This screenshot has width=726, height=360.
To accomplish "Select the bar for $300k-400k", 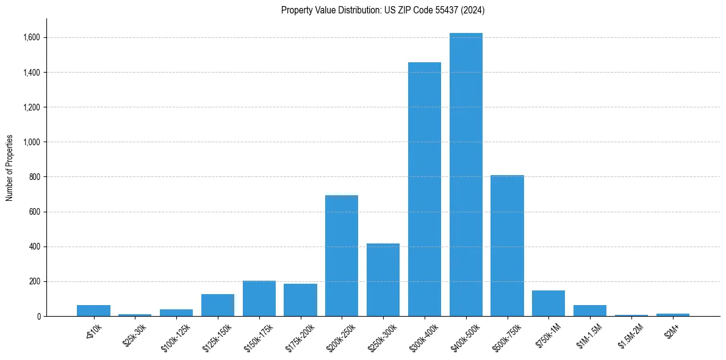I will point(425,189).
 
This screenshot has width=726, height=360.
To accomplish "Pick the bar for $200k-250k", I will point(342,256).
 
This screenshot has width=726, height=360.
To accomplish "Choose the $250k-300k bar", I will point(383,280).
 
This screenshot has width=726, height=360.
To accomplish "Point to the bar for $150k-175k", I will point(259,298).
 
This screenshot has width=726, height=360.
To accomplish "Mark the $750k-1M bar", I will point(548,303).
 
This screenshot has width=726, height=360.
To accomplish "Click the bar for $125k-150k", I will point(218,305).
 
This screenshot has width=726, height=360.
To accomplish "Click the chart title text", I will point(383,10).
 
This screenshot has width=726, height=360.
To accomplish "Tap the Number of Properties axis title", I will point(10,168).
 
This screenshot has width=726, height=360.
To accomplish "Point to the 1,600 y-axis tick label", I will point(32,38).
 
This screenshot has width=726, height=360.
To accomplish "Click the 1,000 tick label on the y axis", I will point(32,142).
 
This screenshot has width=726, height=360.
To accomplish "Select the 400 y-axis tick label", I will point(34,247).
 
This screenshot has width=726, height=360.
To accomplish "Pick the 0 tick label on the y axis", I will point(38,317).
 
